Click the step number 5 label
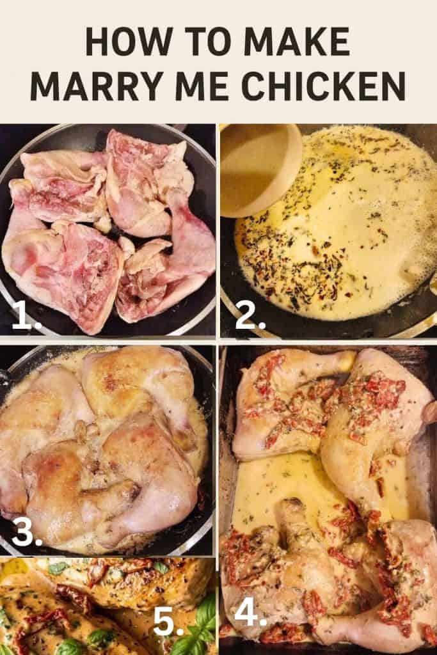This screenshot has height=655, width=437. tap(168, 621)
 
